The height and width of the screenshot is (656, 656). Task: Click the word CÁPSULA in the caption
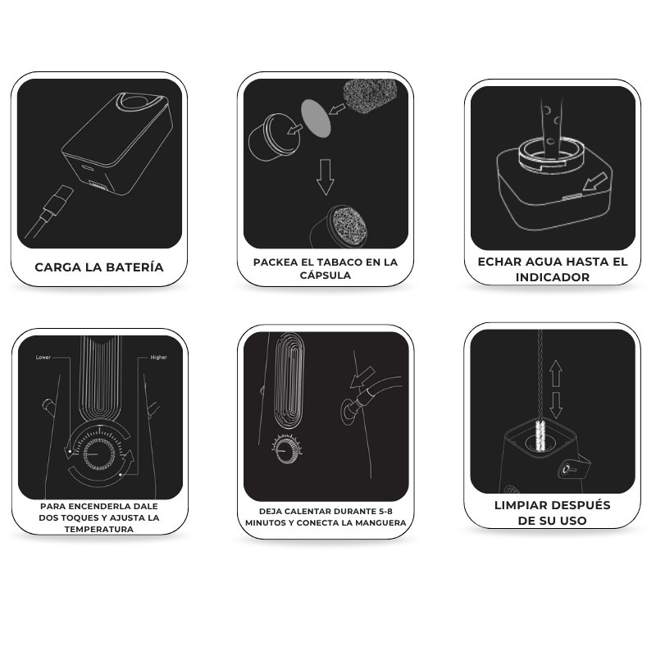tap(325, 276)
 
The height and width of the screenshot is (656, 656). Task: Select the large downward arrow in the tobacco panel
tap(325, 177)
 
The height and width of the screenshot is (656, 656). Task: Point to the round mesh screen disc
tap(317, 117)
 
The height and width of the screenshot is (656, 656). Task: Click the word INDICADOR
tap(552, 277)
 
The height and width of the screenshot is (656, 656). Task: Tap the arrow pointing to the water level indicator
tap(594, 181)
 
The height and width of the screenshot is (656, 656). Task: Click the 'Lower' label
tap(43, 358)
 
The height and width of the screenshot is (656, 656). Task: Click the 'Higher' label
tap(158, 358)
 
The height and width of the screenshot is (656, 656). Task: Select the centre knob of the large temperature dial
tap(98, 454)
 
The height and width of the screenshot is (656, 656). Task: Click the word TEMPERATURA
tap(99, 529)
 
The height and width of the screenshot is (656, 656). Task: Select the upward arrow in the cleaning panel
tap(556, 374)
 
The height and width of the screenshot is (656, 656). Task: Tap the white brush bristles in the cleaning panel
tap(540, 435)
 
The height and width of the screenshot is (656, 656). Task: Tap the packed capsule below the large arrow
tap(339, 226)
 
